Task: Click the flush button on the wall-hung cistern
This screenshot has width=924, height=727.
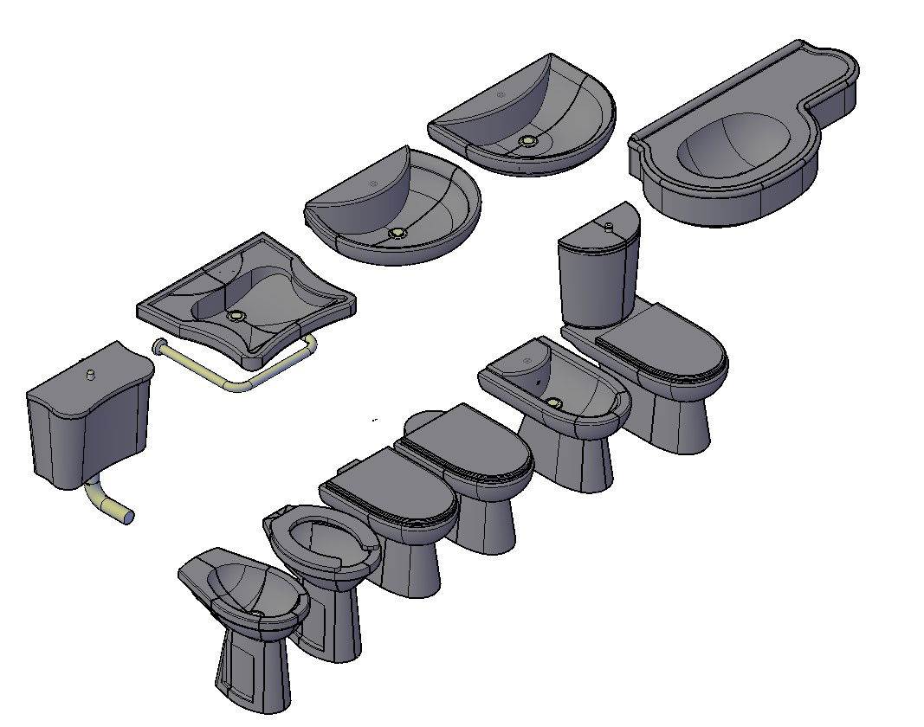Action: coord(89,374)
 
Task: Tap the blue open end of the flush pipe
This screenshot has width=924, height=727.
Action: coord(128,517)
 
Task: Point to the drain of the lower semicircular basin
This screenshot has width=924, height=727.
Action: coord(398,233)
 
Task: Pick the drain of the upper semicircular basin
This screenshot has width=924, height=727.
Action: coord(527,140)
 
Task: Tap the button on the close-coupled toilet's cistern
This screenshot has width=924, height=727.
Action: coord(609,226)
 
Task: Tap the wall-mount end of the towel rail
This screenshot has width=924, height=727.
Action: coord(158,346)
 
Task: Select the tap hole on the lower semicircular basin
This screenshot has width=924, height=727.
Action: coord(374,184)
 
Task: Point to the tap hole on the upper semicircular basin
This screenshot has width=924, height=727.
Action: coord(501,93)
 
